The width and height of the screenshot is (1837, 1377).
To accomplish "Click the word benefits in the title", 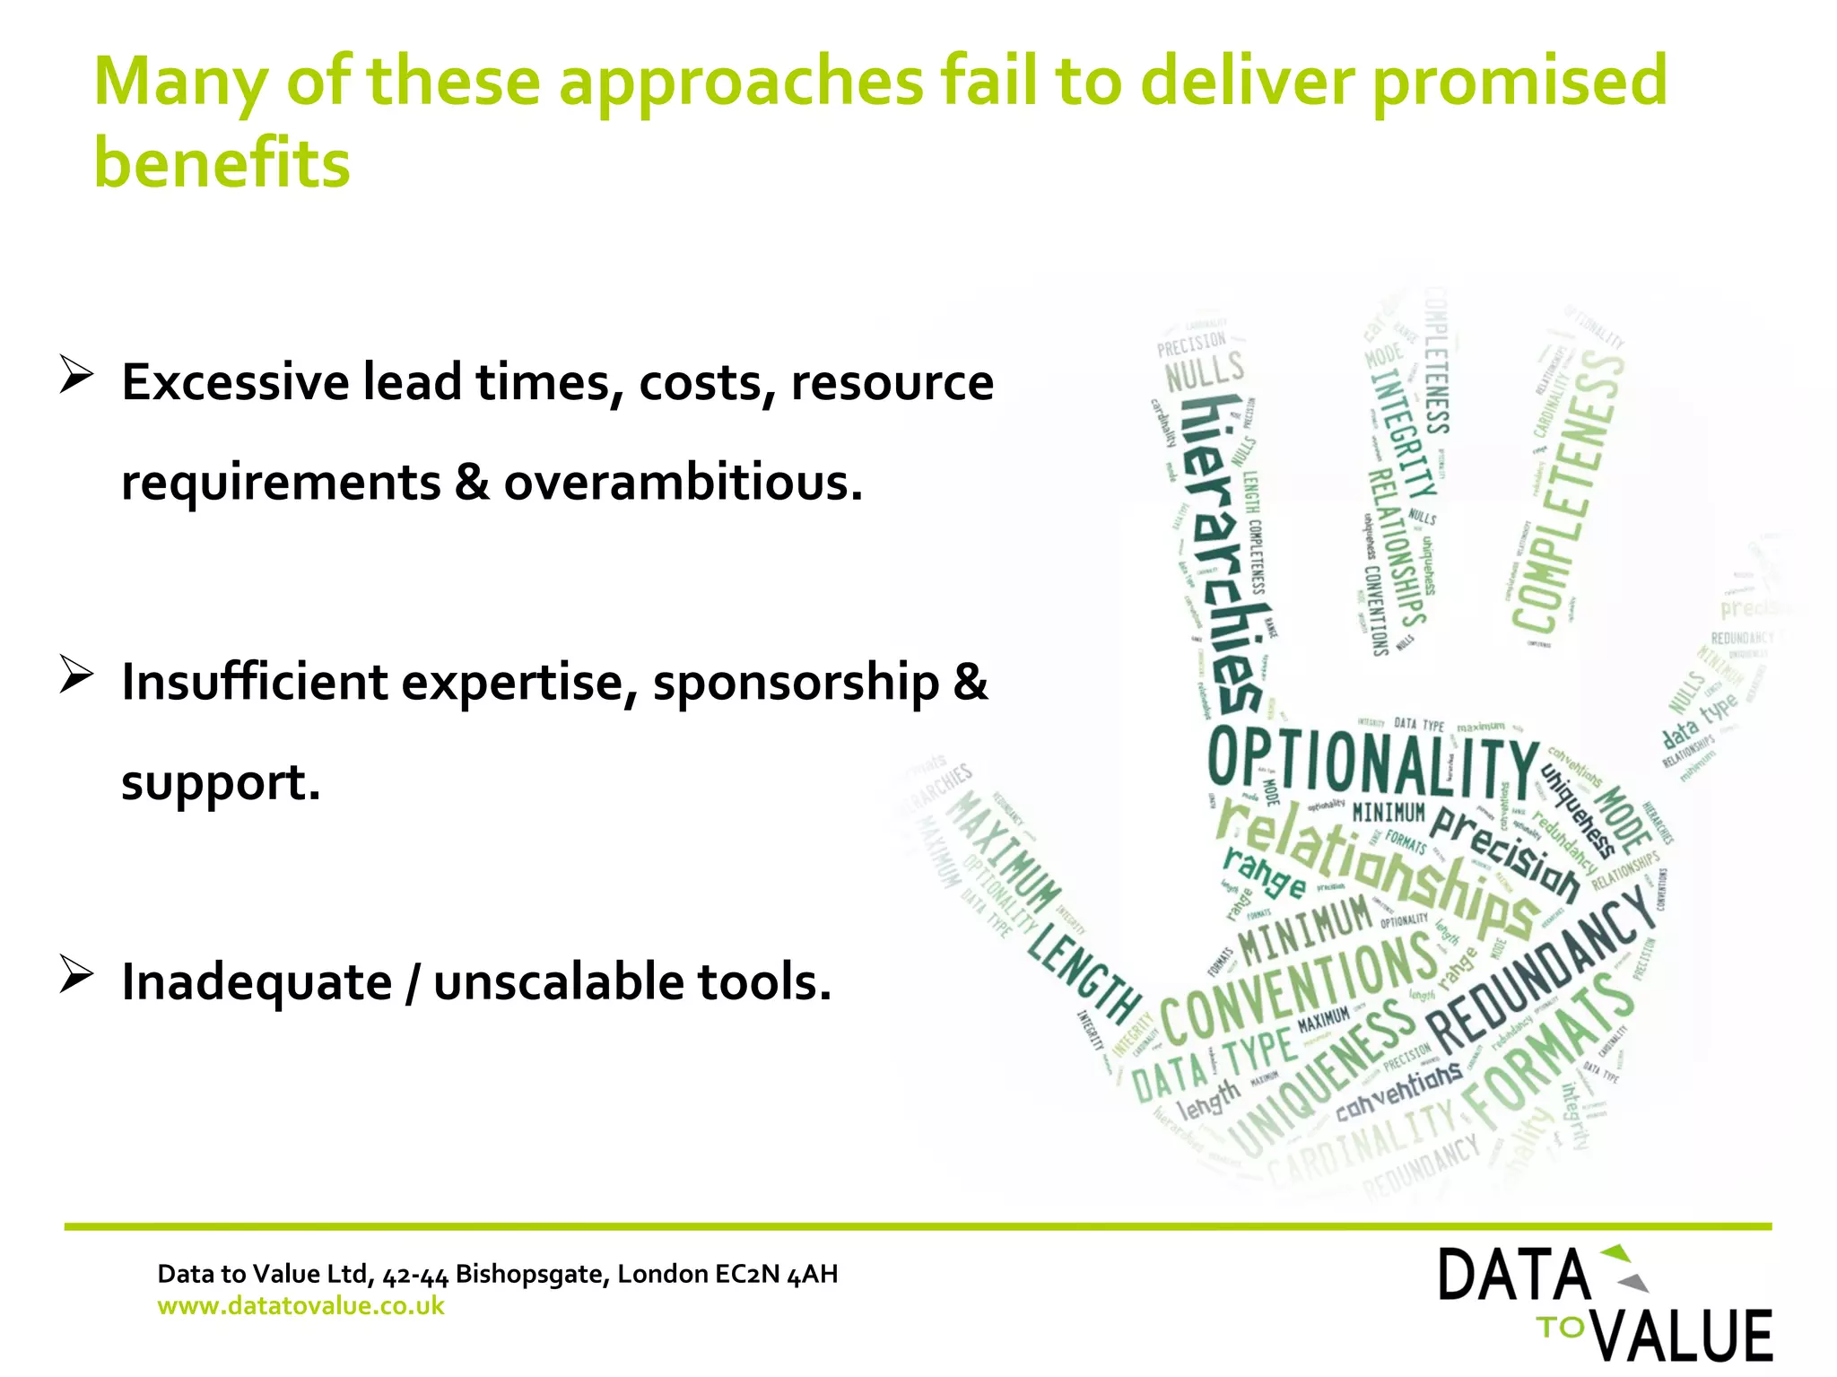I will (222, 164).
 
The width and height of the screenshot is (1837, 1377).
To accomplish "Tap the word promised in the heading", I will (1519, 81).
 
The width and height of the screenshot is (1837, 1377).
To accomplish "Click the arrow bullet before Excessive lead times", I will (76, 374).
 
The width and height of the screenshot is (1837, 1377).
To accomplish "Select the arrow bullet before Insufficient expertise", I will (76, 675).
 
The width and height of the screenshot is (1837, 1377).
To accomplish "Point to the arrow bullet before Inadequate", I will (76, 974).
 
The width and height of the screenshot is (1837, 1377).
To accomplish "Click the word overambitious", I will (683, 483).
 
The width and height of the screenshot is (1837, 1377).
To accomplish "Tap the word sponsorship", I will (796, 682).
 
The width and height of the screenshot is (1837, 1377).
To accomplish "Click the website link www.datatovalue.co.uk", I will (300, 1305).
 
